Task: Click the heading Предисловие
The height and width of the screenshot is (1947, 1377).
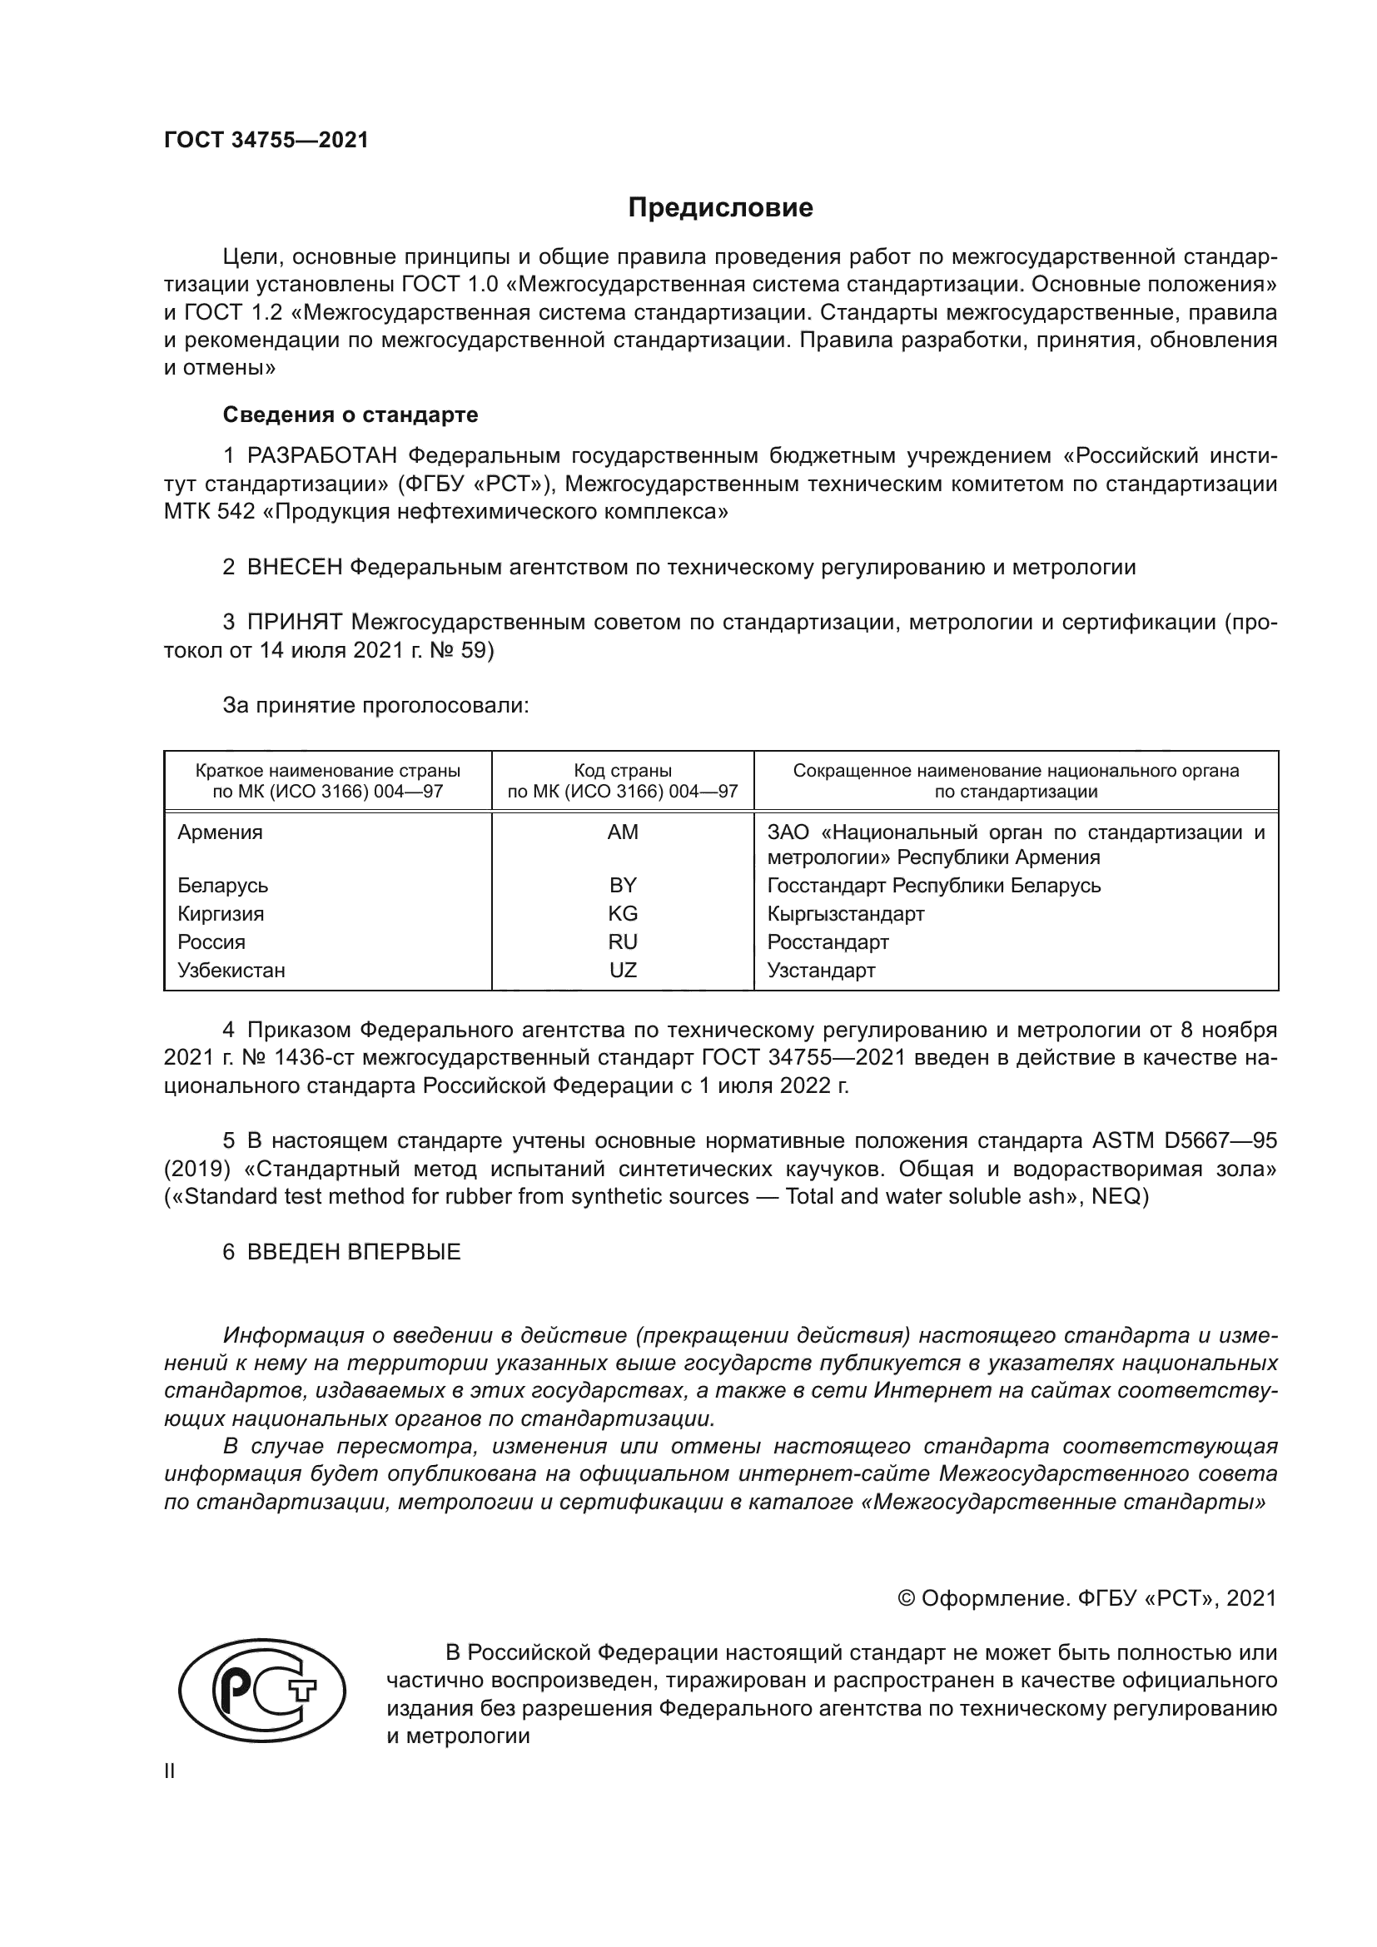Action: tap(720, 208)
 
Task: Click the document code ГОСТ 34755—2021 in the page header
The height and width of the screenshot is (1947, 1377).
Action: tap(266, 141)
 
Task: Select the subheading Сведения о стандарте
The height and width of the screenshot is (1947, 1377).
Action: tap(350, 415)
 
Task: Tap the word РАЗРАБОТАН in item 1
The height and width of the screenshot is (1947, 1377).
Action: tap(322, 456)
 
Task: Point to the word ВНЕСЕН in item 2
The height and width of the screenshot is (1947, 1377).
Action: tap(293, 568)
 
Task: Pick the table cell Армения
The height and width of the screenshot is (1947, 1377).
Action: tap(220, 832)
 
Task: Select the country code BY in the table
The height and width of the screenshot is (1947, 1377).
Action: tap(623, 886)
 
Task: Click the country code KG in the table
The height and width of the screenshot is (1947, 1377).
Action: tap(623, 913)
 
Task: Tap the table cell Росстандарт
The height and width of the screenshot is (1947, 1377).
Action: tap(828, 942)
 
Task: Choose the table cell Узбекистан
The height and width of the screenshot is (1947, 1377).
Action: tap(231, 970)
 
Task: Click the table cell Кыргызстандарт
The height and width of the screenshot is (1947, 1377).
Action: tap(845, 913)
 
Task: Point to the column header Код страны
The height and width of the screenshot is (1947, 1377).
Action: tap(623, 771)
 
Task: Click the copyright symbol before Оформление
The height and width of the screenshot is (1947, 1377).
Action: tap(906, 1598)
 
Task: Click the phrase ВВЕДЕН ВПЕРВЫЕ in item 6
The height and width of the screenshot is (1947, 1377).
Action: tap(354, 1253)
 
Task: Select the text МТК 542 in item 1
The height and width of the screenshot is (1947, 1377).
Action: tap(209, 512)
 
